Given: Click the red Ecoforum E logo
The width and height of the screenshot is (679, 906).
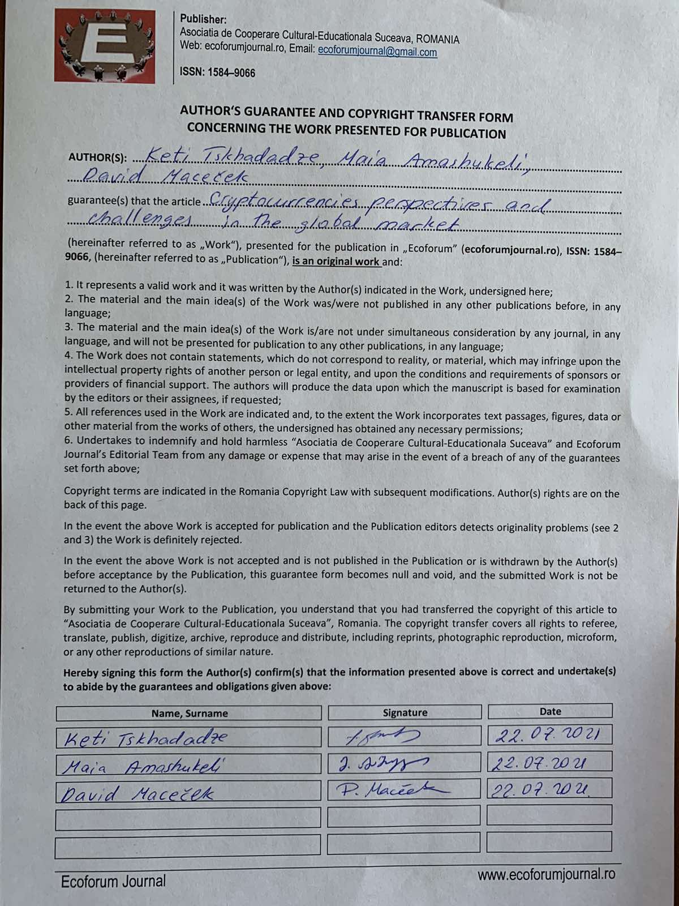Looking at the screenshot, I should [x=105, y=46].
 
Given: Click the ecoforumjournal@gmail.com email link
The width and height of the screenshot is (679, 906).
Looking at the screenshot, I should [x=377, y=52].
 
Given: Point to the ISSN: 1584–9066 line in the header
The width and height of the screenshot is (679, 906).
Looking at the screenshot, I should [x=217, y=72].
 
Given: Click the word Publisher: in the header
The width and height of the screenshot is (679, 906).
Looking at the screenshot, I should [x=203, y=20].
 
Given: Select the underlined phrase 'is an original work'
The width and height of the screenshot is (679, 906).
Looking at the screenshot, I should [x=336, y=262].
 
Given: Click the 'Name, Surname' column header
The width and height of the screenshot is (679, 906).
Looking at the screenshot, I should [x=189, y=713].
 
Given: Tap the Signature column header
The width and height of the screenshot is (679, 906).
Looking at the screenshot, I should [x=405, y=712].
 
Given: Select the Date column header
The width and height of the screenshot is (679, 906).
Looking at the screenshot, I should [x=550, y=711].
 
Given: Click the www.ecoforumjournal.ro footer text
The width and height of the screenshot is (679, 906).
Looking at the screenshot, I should [x=546, y=874].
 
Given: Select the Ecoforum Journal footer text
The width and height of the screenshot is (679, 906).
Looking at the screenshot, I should [x=113, y=881].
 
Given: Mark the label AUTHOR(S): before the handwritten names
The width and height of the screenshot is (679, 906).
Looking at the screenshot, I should [x=97, y=157].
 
